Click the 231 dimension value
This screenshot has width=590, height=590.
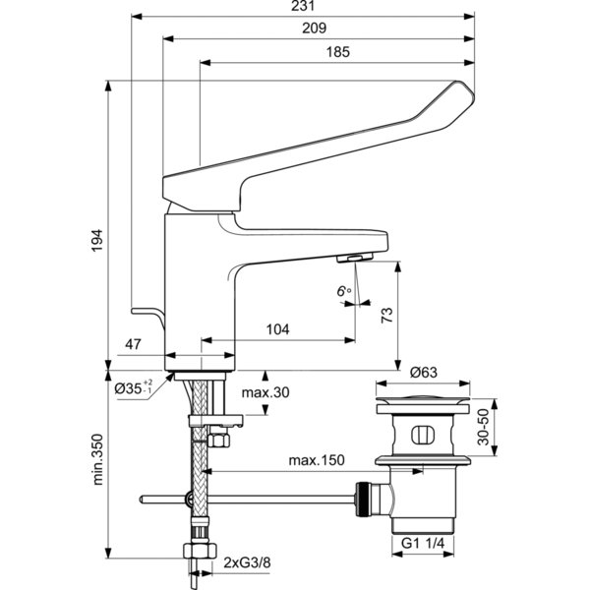(x=303, y=5)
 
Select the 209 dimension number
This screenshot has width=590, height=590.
(x=315, y=28)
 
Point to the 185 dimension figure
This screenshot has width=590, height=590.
(x=338, y=52)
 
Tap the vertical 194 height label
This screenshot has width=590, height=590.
(x=97, y=241)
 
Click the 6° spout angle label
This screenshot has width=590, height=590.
(x=343, y=291)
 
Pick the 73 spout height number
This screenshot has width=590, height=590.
(x=386, y=316)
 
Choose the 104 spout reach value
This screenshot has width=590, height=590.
(x=277, y=329)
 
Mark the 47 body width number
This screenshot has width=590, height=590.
(x=133, y=344)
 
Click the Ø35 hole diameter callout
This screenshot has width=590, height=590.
(x=134, y=387)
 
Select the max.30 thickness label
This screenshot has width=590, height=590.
(x=265, y=392)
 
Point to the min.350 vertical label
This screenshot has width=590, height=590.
(x=97, y=459)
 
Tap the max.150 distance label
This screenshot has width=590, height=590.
(x=317, y=460)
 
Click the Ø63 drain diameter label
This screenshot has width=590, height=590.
(x=424, y=372)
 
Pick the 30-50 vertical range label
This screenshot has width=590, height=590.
(x=483, y=427)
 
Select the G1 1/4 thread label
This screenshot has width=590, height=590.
(x=423, y=543)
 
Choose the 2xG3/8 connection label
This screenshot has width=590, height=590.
(x=247, y=562)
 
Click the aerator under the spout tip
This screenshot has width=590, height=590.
(x=354, y=258)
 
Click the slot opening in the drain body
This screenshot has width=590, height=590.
(x=423, y=435)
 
